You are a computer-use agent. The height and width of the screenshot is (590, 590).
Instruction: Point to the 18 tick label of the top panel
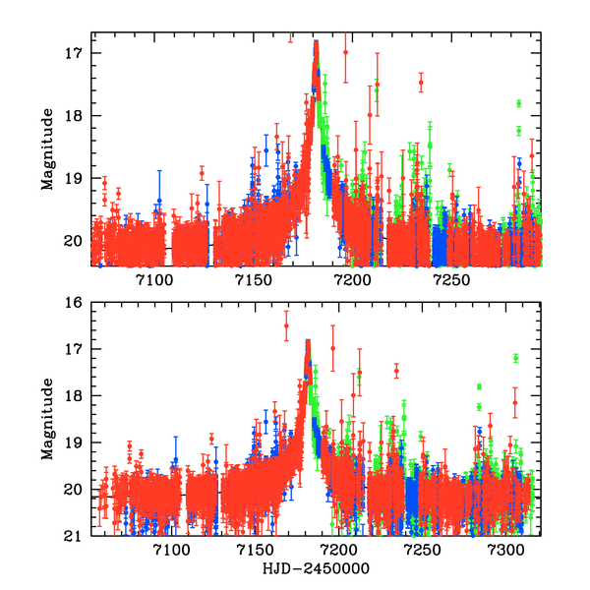(75, 116)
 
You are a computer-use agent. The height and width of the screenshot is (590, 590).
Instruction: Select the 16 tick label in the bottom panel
(75, 303)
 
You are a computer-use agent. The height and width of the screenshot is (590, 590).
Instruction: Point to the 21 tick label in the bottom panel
(75, 537)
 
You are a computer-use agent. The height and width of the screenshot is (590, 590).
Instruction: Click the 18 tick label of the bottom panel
(75, 396)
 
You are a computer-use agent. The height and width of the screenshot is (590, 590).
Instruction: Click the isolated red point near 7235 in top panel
(421, 83)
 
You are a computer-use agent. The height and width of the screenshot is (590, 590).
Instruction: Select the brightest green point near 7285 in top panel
(518, 103)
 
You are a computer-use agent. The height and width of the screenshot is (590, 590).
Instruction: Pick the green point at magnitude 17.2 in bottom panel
(515, 358)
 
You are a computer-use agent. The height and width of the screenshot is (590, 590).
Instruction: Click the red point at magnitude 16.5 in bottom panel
(286, 325)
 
